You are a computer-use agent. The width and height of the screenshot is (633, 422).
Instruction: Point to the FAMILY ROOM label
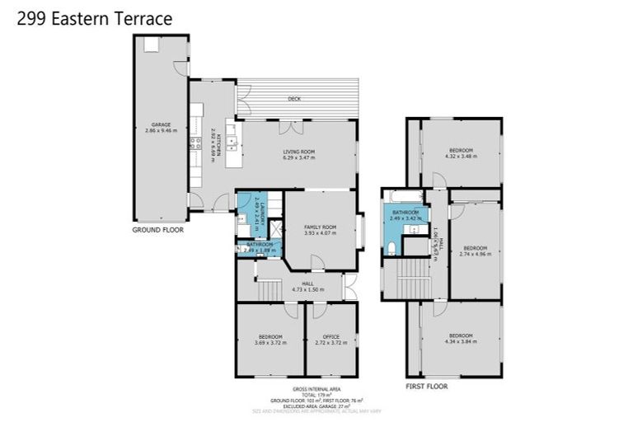point(320,227)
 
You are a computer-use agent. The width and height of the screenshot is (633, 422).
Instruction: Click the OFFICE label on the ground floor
point(331,335)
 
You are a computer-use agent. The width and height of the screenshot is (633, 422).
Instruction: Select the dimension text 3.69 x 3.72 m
point(270,342)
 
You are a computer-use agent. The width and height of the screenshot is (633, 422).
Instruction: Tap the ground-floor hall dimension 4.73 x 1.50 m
point(307,290)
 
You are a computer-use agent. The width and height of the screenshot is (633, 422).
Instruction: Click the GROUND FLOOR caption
point(157,230)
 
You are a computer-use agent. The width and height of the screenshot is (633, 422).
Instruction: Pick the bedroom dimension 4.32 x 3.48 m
point(461,157)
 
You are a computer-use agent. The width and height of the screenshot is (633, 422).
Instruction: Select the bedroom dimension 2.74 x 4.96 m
point(475,254)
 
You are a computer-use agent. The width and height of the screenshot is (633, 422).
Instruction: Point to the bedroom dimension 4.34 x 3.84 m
point(461,342)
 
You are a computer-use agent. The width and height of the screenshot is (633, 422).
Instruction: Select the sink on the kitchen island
point(233,142)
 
